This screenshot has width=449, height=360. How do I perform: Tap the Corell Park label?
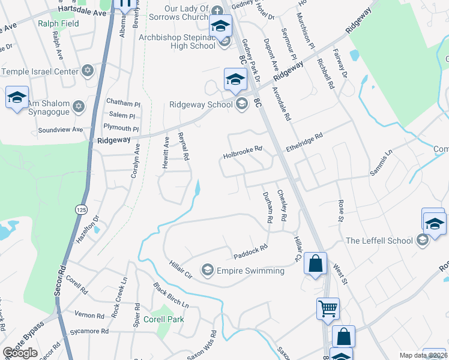[x=164, y=319]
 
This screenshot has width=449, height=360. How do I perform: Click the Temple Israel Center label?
[x=40, y=71]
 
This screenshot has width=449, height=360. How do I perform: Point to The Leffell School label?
[x=379, y=241]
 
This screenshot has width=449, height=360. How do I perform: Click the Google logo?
[x=20, y=353]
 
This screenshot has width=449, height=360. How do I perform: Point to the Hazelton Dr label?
[x=86, y=229]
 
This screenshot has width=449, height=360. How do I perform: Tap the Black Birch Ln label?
[x=170, y=295]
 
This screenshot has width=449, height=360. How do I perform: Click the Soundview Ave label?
[x=60, y=129]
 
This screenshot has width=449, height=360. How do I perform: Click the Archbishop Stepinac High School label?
[x=176, y=41]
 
